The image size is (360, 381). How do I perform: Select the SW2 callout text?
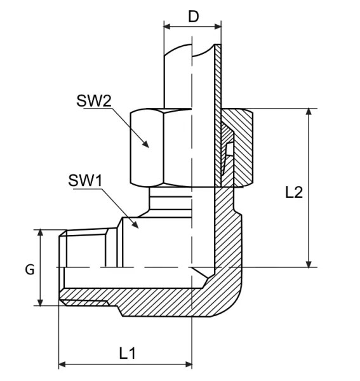point(95,101)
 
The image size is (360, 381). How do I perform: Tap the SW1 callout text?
point(84,180)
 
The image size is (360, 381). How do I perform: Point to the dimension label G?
point(29,269)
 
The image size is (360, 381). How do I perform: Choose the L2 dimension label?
point(293,192)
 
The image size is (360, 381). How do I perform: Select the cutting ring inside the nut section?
point(226,152)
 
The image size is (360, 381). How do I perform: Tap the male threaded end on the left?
point(86,267)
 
